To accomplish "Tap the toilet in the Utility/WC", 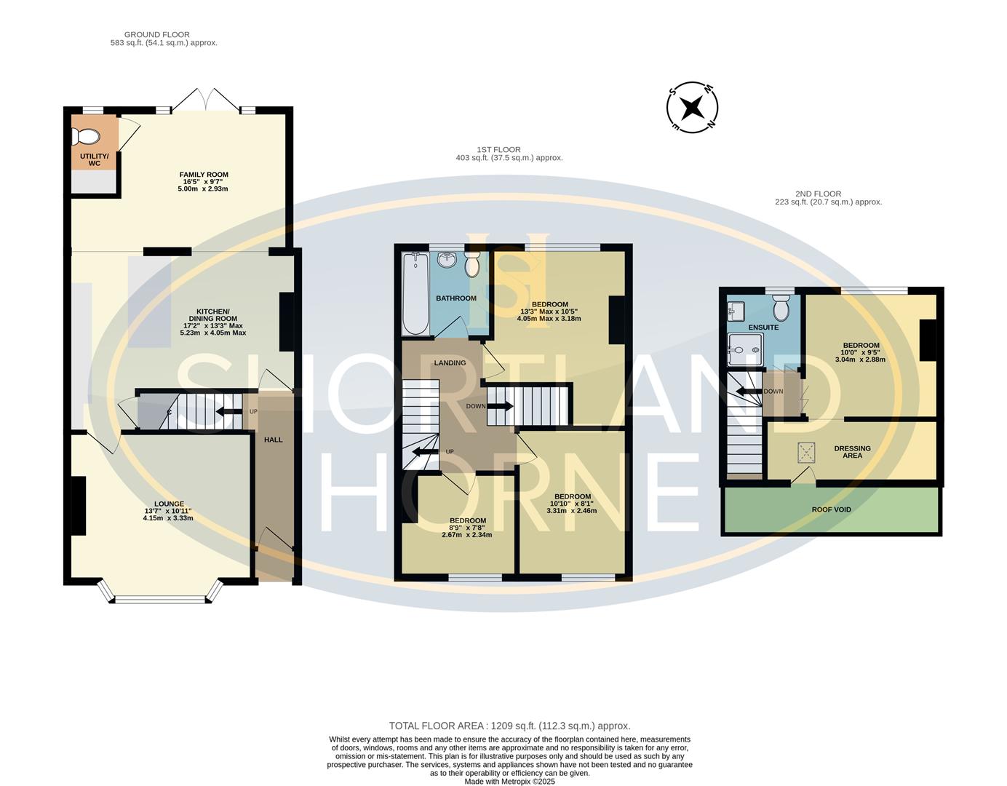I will click(x=86, y=137).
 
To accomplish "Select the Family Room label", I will click(x=204, y=181).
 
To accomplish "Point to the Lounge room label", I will click(x=169, y=510).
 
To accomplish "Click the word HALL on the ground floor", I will click(x=273, y=440).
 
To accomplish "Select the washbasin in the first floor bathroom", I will click(x=446, y=259).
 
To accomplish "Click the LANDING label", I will click(x=450, y=362).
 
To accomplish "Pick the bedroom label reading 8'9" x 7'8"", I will click(x=467, y=528).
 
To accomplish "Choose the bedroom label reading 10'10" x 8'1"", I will click(x=571, y=503).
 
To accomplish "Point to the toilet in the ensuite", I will click(x=781, y=309).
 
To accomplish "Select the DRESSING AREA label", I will click(x=852, y=452).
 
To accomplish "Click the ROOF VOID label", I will click(x=831, y=509).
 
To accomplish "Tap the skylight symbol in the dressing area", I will click(x=806, y=453).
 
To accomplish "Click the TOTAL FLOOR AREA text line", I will click(x=509, y=726).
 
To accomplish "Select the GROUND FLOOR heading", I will click(x=157, y=39).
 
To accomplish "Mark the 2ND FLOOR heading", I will click(x=828, y=198).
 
